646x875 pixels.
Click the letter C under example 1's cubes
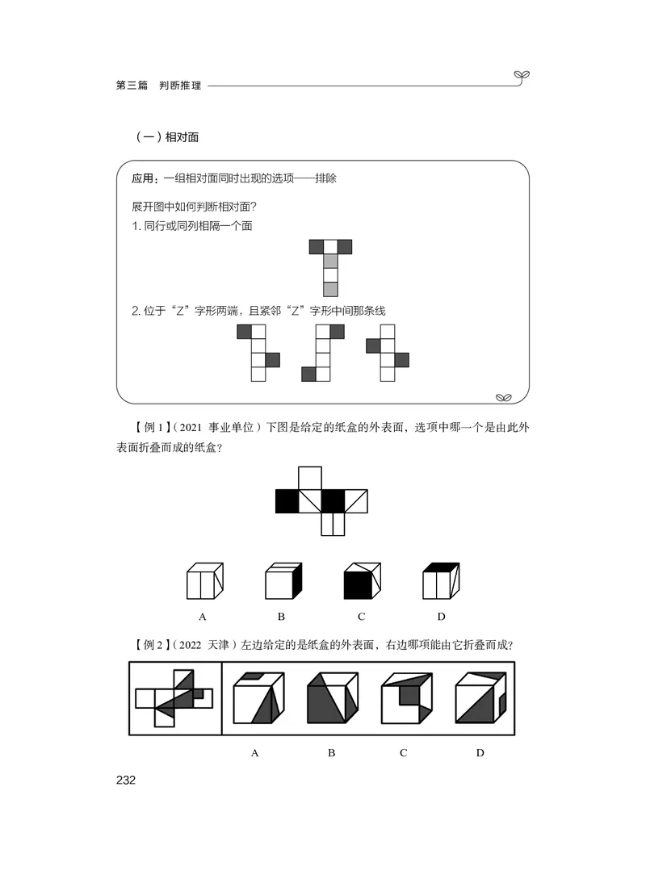click(x=361, y=618)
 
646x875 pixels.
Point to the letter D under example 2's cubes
click(x=480, y=753)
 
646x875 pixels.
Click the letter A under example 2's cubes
click(x=255, y=753)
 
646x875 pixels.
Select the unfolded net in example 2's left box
click(x=174, y=698)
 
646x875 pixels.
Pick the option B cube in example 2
click(x=331, y=698)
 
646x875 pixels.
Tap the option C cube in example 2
click(x=405, y=698)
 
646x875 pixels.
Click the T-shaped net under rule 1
click(x=330, y=267)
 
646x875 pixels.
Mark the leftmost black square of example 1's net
click(x=287, y=501)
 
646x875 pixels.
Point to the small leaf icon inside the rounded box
click(x=504, y=396)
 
